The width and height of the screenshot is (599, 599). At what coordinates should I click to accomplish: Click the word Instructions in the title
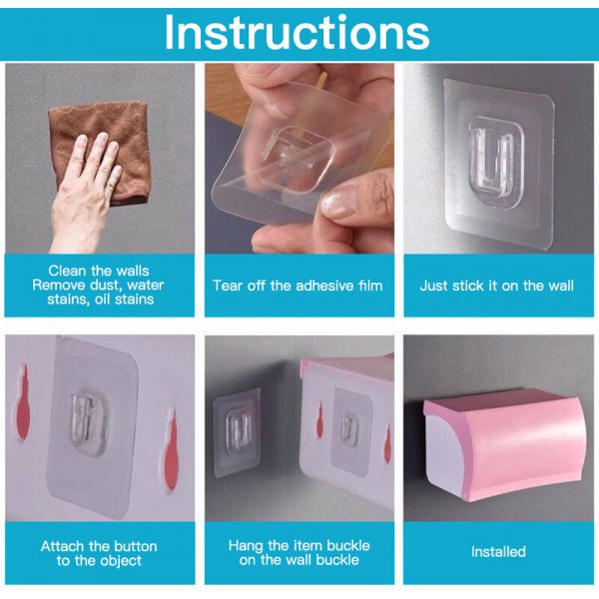[x=298, y=33]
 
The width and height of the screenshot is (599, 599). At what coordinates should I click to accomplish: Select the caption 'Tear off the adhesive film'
[x=298, y=286]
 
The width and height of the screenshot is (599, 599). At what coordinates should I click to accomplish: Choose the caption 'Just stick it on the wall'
[x=496, y=286]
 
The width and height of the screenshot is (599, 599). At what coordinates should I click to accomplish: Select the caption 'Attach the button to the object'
[x=99, y=553]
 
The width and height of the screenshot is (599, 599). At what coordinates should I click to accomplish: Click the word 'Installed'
[x=498, y=552]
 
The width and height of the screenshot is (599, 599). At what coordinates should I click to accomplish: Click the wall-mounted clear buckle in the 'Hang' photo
[x=236, y=431]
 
